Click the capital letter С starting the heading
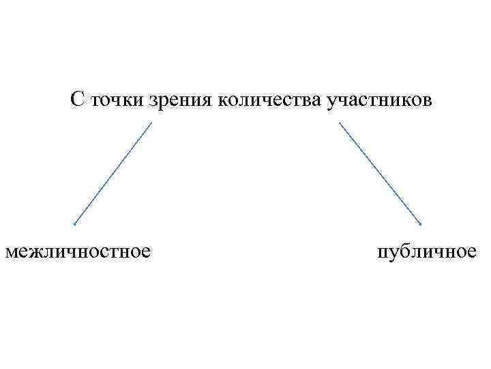click(x=76, y=100)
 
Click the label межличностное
click(x=78, y=251)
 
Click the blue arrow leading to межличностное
click(x=113, y=174)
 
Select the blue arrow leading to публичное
click(x=380, y=174)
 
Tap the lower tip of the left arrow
click(x=74, y=224)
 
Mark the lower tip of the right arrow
click(x=421, y=224)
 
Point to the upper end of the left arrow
click(x=151, y=123)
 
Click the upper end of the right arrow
click(x=339, y=123)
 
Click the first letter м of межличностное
click(x=10, y=252)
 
